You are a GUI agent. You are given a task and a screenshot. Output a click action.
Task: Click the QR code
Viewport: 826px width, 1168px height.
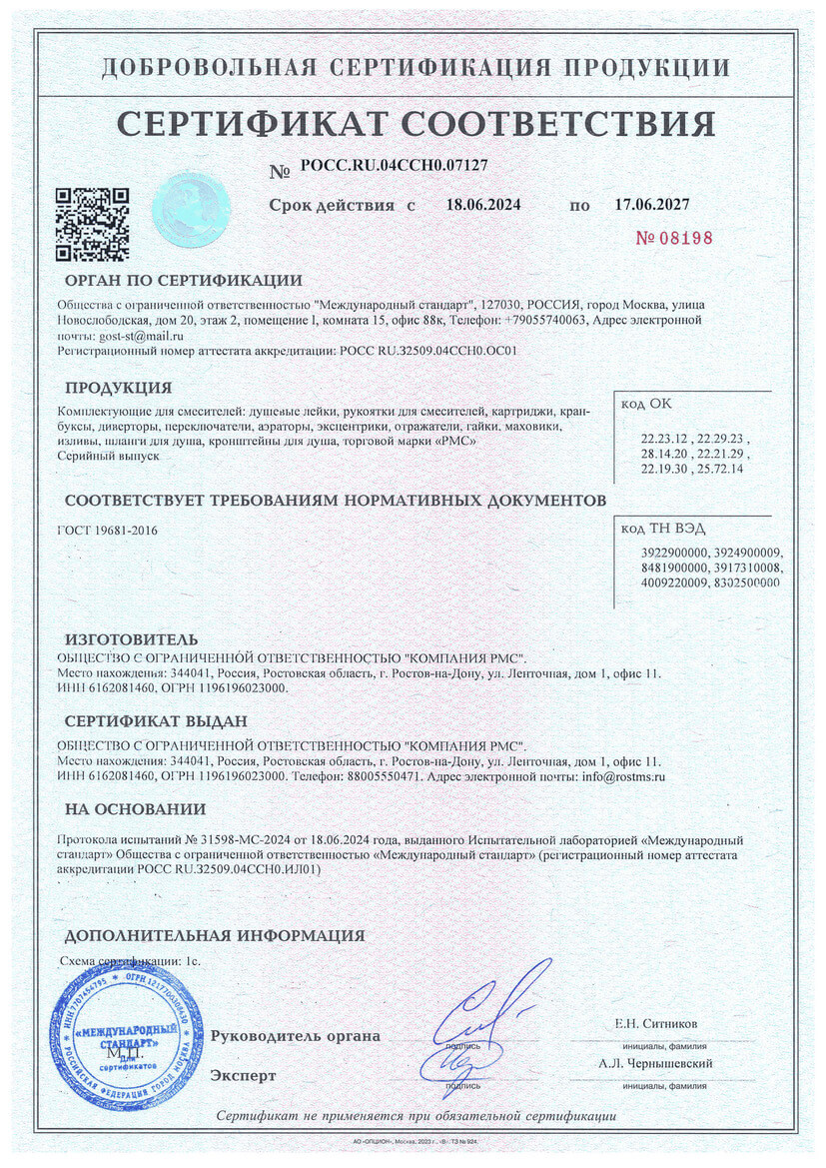pyautogui.click(x=91, y=224)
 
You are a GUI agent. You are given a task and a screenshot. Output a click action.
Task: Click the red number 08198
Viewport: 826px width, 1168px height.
pyautogui.click(x=675, y=238)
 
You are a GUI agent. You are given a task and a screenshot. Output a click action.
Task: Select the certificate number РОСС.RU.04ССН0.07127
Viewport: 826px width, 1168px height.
pyautogui.click(x=394, y=167)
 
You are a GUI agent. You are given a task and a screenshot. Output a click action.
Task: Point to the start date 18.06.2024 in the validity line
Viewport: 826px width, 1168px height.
pyautogui.click(x=483, y=205)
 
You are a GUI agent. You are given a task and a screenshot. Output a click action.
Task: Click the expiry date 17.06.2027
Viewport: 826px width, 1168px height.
pyautogui.click(x=651, y=205)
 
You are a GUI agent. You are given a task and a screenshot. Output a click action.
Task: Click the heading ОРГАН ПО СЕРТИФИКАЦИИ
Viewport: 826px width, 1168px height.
pyautogui.click(x=183, y=280)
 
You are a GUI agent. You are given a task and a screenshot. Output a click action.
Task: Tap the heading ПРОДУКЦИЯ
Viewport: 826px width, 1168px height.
pyautogui.click(x=119, y=388)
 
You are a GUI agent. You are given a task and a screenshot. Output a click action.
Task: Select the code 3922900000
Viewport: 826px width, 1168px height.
pyautogui.click(x=674, y=553)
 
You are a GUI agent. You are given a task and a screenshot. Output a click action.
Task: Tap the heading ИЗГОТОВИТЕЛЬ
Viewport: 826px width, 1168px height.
pyautogui.click(x=131, y=638)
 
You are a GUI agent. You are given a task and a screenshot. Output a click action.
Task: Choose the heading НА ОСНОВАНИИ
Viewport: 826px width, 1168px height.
pyautogui.click(x=135, y=808)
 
